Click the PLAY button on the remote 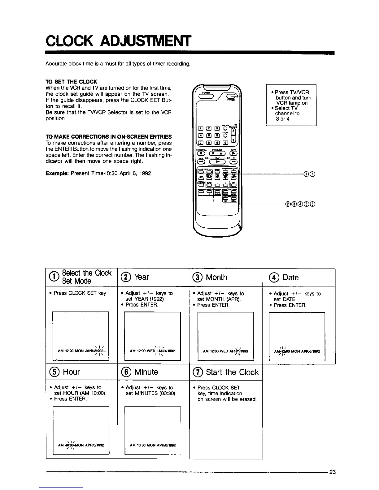pyautogui.click(x=217, y=161)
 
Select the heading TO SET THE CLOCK pyautogui.click(x=71, y=82)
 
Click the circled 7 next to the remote pyautogui.click(x=313, y=174)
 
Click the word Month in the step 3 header pyautogui.click(x=216, y=277)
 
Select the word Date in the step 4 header pyautogui.click(x=290, y=277)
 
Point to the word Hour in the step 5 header pyautogui.click(x=71, y=372)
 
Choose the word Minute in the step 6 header pyautogui.click(x=146, y=372)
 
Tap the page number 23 pyautogui.click(x=332, y=472)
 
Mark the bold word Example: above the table pyautogui.click(x=57, y=173)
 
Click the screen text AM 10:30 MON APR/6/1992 pyautogui.click(x=153, y=445)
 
